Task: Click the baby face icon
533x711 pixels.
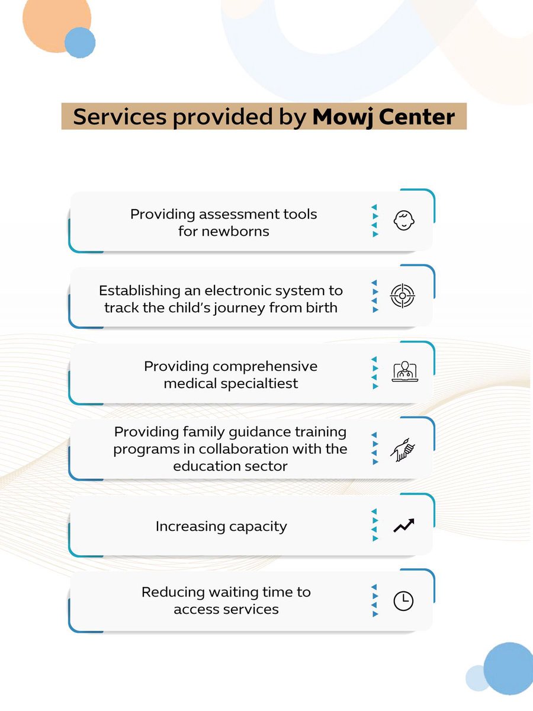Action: click(404, 221)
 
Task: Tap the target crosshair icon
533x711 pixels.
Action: click(403, 296)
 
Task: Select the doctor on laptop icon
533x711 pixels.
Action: click(405, 371)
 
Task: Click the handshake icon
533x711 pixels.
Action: click(403, 450)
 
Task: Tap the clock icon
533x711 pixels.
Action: click(404, 601)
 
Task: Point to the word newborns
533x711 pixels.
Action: click(236, 231)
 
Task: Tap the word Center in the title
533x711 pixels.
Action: click(418, 117)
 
